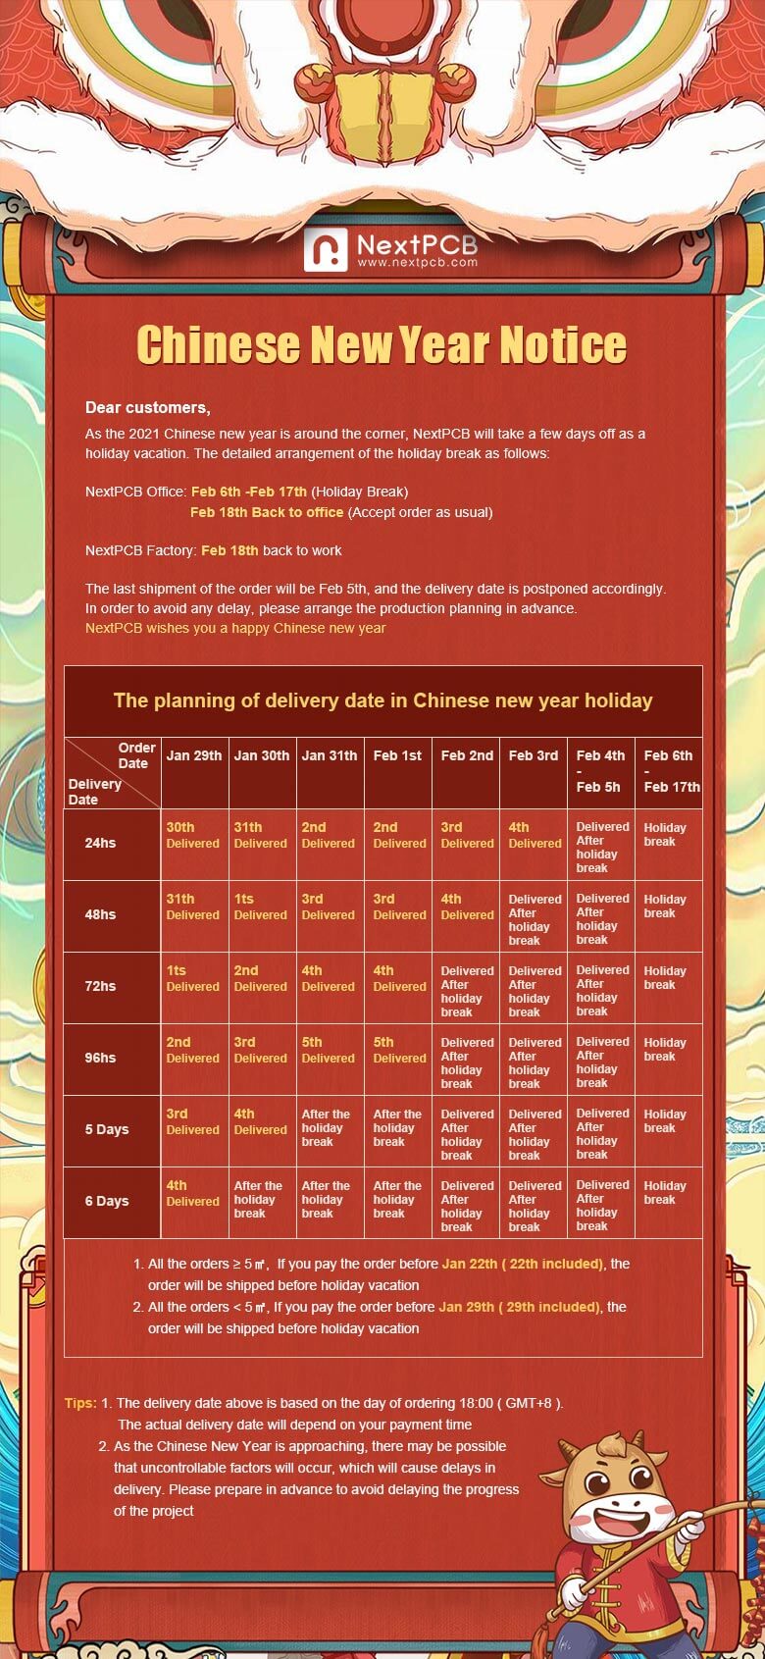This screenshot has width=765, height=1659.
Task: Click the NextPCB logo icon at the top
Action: point(326,250)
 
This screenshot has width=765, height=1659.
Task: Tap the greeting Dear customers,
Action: point(147,408)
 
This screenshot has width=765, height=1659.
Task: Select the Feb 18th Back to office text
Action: point(267,512)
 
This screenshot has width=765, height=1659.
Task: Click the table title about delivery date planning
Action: point(382,700)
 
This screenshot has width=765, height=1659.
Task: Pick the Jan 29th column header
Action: point(194,755)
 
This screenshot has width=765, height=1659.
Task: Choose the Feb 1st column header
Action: point(397,755)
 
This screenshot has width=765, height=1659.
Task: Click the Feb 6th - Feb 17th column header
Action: point(671,771)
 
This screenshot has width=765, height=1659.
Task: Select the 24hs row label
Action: point(100,843)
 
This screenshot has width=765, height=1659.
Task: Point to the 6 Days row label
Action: point(107,1201)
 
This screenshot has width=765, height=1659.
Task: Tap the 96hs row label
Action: point(100,1058)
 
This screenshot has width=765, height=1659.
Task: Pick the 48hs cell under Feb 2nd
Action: point(467,907)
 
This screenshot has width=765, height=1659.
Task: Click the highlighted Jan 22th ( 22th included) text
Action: point(522,1264)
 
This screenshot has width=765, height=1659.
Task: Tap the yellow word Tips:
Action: point(80,1403)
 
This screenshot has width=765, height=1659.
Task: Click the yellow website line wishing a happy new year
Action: point(235,628)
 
